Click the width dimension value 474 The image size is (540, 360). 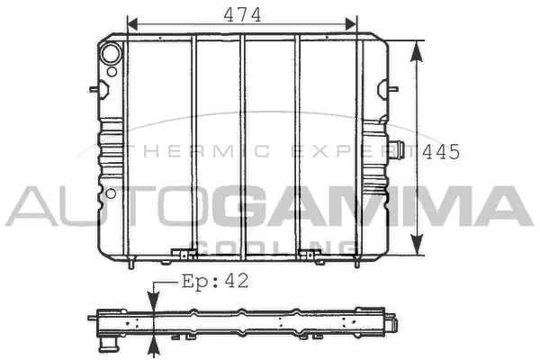pos(242,14)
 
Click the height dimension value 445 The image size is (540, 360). pos(441,152)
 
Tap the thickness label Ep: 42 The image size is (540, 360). pos(215,281)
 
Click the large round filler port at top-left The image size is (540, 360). pos(111,53)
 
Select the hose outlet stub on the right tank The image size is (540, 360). pos(396,150)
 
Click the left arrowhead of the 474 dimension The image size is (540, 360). pos(132,24)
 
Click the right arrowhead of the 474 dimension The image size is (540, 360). pos(351,24)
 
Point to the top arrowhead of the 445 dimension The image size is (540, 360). pos(417,51)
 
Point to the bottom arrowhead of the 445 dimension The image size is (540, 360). pos(417,245)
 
